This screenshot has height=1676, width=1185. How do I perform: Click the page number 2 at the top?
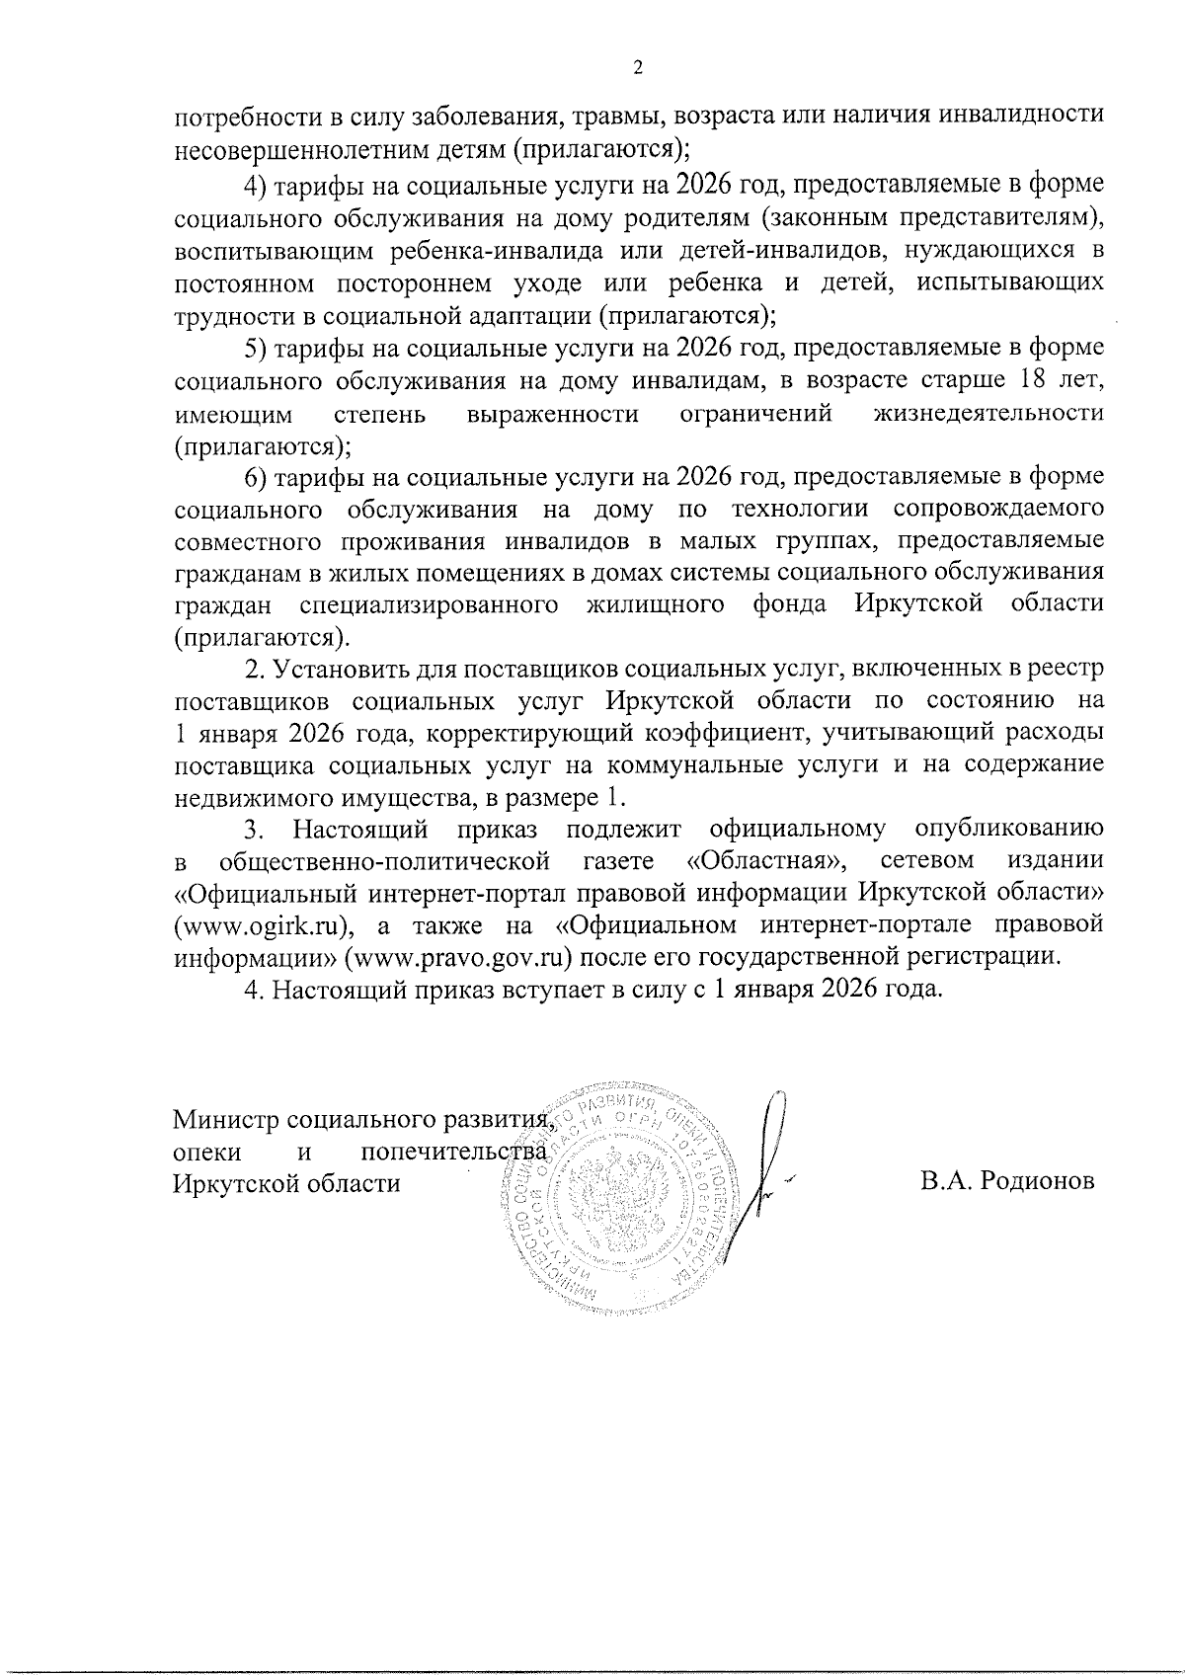637,68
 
